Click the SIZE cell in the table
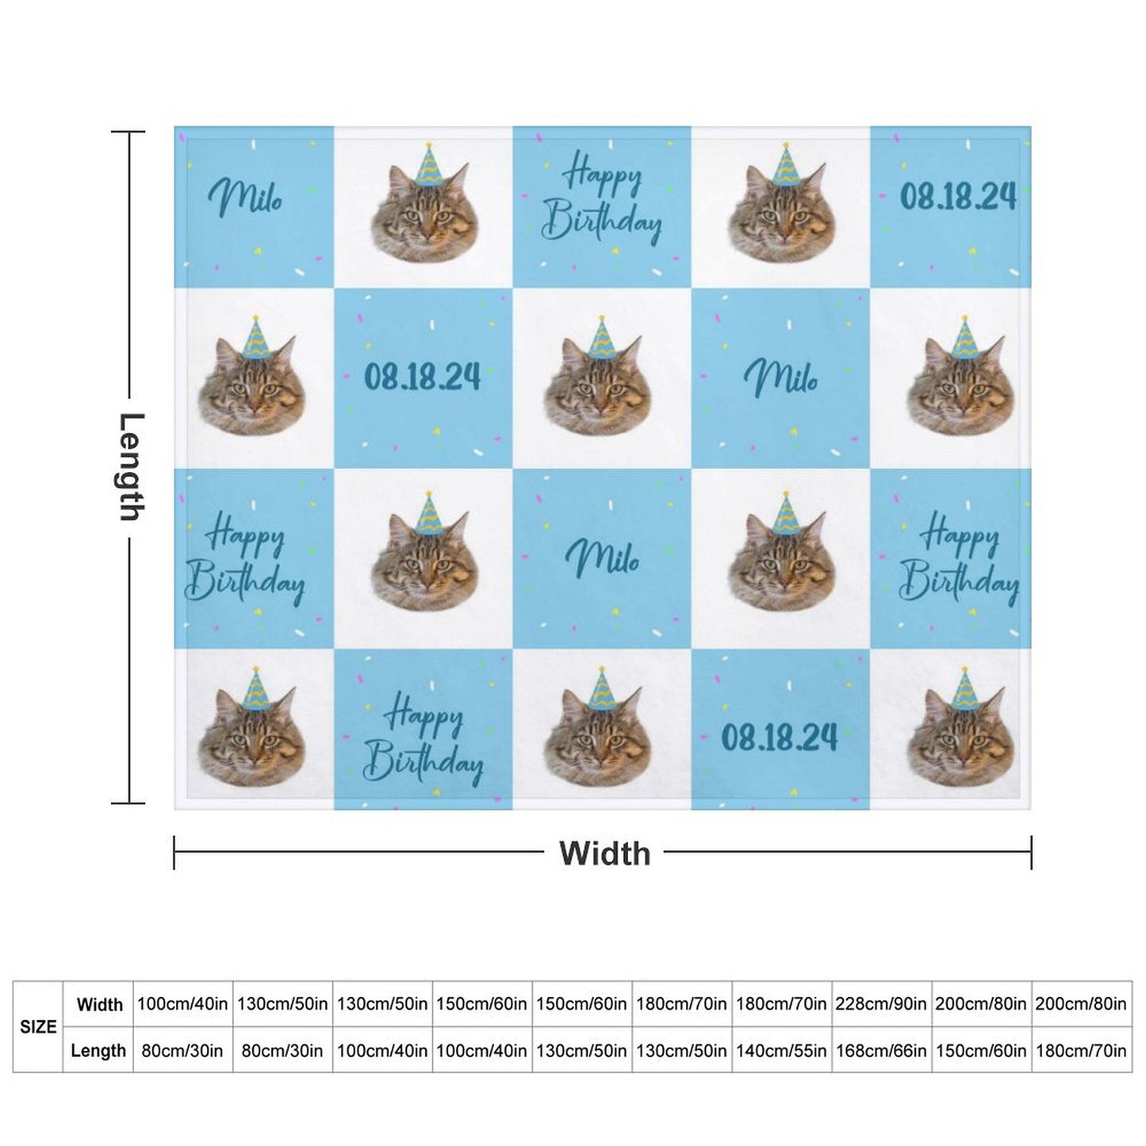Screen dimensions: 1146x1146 38,1027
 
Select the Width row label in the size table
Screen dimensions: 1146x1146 99,1004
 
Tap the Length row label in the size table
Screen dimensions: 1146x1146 98,1050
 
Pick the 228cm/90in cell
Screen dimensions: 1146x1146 880,1004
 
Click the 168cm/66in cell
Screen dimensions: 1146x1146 880,1050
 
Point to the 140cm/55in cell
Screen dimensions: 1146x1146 781,1050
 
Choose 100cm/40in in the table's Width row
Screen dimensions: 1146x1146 182,1004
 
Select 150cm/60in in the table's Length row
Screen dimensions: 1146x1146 980,1050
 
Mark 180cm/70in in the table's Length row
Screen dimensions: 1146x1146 1080,1050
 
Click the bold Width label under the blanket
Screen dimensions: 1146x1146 604,853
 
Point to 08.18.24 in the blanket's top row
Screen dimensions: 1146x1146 957,195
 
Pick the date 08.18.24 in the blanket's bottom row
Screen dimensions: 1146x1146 779,738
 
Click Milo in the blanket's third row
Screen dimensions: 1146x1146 602,558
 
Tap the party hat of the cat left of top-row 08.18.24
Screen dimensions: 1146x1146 787,165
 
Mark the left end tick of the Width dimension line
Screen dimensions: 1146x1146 174,853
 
